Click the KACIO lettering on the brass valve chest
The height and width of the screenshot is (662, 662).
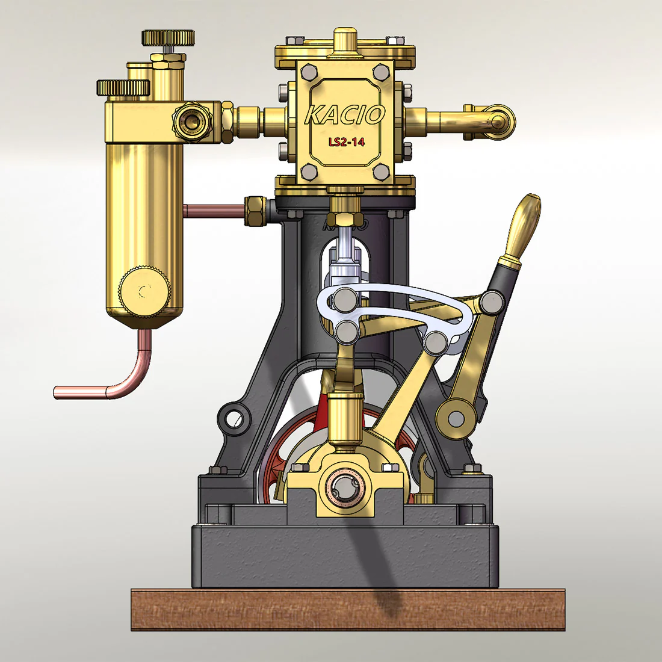pyautogui.click(x=344, y=114)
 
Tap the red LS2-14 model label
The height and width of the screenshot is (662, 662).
pyautogui.click(x=346, y=143)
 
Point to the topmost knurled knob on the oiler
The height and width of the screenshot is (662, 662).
pyautogui.click(x=168, y=37)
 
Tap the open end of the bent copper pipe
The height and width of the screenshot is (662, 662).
pyautogui.click(x=57, y=392)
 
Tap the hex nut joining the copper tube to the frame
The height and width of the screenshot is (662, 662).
pyautogui.click(x=253, y=210)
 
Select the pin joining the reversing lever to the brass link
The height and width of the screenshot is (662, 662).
pyautogui.click(x=491, y=302)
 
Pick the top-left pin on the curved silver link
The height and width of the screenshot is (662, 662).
pyautogui.click(x=345, y=299)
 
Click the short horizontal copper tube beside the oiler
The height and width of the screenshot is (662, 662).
pyautogui.click(x=214, y=211)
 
